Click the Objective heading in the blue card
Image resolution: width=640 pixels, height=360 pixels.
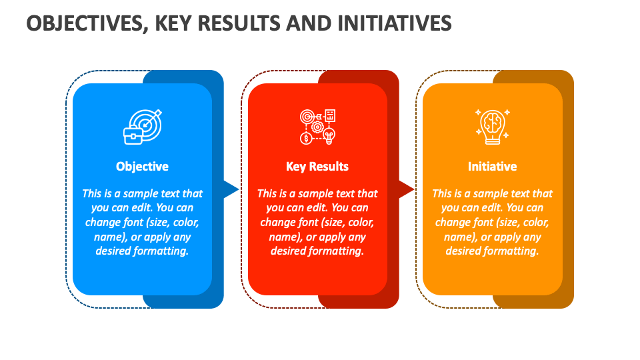142,167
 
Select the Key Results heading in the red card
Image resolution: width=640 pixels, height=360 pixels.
317,167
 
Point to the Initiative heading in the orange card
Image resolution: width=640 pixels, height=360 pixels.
492,167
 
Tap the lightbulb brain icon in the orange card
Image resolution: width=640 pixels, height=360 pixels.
492,126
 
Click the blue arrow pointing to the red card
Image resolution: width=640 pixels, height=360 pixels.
231,189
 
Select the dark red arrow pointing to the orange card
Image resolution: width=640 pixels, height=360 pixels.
405,189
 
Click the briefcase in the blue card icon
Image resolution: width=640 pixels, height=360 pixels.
132,136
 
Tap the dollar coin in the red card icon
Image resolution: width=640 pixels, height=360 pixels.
306,138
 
